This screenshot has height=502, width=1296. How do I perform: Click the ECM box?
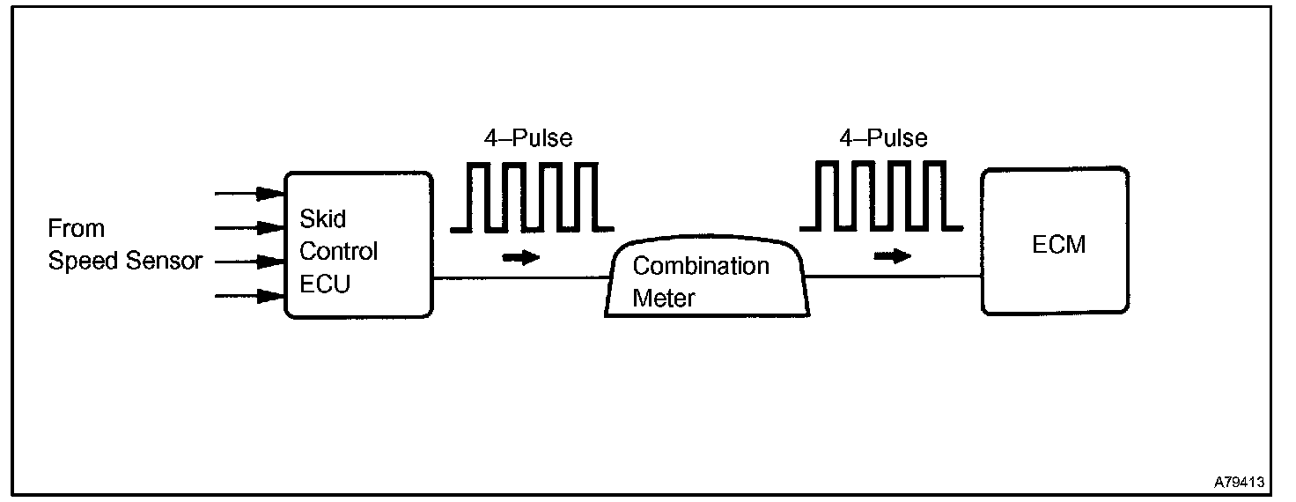[x=1054, y=240]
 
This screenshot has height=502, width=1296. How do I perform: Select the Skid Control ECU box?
[x=357, y=245]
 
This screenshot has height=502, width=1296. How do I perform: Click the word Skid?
[x=323, y=218]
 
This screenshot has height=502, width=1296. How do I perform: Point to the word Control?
[x=338, y=251]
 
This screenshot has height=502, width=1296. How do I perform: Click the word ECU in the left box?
[x=325, y=284]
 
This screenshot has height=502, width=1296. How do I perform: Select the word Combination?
[x=701, y=266]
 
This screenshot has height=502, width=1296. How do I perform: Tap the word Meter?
[x=663, y=298]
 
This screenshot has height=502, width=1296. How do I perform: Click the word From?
[x=76, y=229]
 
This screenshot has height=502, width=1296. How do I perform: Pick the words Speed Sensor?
[x=125, y=262]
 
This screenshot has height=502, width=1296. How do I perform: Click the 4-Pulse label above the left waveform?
[x=529, y=138]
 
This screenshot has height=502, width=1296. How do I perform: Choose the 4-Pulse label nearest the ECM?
[x=884, y=138]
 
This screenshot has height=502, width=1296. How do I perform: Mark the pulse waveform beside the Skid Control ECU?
[x=531, y=197]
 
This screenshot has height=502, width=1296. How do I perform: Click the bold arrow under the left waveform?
[x=519, y=257]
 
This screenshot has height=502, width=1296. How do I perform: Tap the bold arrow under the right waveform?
[x=892, y=256]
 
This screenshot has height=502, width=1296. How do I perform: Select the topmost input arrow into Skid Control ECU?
[x=249, y=192]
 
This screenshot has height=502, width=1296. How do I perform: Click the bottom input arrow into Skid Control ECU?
[x=249, y=297]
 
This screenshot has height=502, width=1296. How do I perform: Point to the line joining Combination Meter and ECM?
[x=894, y=276]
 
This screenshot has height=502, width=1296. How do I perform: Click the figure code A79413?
[x=1239, y=483]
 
